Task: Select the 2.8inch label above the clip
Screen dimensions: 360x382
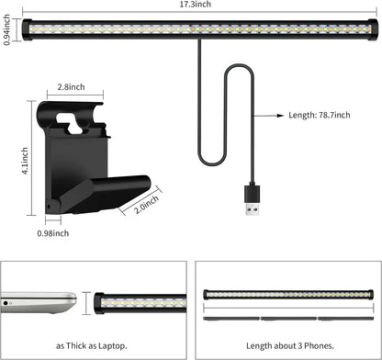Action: click(71, 86)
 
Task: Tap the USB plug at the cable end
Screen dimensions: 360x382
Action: click(253, 197)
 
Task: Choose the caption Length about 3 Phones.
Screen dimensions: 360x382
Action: click(286, 348)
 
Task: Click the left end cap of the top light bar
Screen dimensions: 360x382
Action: click(27, 28)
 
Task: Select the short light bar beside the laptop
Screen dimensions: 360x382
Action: click(138, 302)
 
